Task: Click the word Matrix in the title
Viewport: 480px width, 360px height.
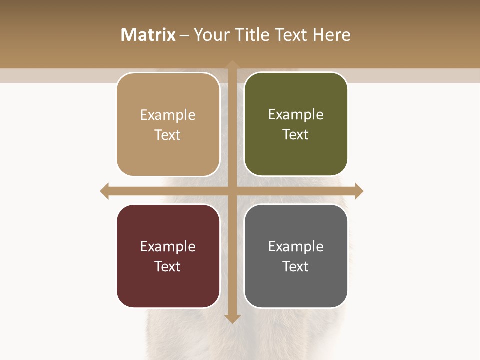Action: point(148,35)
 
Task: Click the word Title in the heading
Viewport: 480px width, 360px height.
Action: point(252,35)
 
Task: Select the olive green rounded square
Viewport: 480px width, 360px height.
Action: point(296,155)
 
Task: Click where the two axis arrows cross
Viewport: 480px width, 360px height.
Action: point(232,191)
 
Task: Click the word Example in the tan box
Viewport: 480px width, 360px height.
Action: point(168,115)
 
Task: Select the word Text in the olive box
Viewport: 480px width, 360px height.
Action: point(296,135)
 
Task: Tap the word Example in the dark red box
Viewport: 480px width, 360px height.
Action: point(168,247)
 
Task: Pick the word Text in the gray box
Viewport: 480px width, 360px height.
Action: point(296,266)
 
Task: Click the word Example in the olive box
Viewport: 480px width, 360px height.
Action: point(296,115)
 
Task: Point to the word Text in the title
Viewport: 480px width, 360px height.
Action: point(292,35)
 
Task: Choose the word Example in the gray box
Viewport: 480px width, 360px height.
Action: point(296,247)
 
